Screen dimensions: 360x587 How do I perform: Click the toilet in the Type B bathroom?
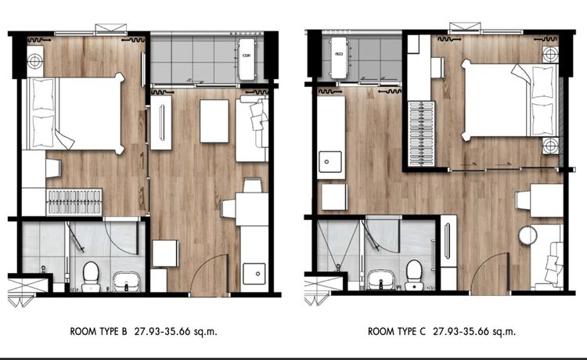pos(91,273)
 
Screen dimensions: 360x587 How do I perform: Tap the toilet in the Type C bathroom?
pos(414,271)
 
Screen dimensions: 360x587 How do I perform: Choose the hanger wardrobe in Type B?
pos(75,201)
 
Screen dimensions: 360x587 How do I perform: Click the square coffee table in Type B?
pos(214,121)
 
